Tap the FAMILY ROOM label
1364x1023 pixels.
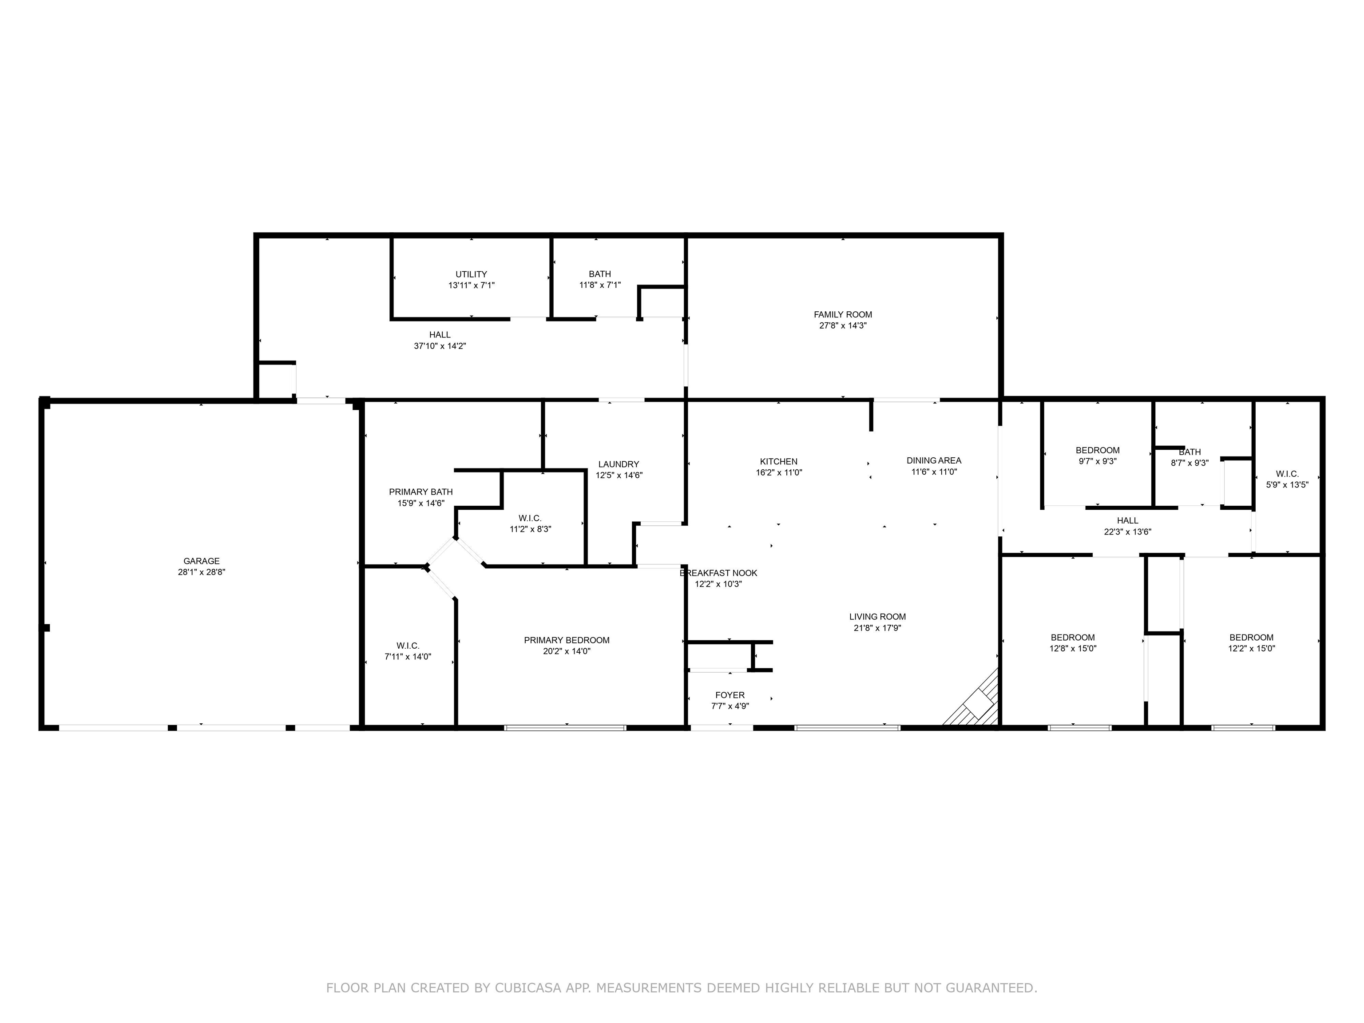coord(843,314)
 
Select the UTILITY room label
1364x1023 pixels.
coord(471,274)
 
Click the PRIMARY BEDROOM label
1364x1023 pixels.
coord(567,640)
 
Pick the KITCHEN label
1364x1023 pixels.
coord(779,461)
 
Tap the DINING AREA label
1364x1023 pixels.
coord(934,460)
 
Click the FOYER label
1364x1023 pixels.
coord(730,695)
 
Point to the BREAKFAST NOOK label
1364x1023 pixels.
coord(719,573)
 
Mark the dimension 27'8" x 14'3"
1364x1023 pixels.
coord(843,325)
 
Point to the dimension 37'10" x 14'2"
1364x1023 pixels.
coord(440,346)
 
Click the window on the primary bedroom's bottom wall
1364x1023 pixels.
coord(566,728)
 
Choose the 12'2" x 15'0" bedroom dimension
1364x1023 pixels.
coord(1252,649)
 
